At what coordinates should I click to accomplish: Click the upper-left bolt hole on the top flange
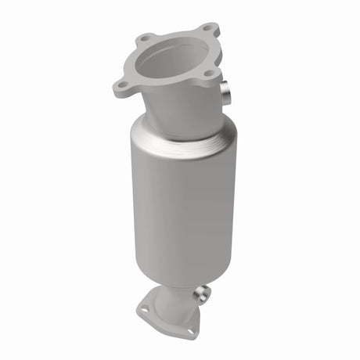[146, 37]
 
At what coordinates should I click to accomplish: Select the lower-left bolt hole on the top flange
[121, 85]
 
